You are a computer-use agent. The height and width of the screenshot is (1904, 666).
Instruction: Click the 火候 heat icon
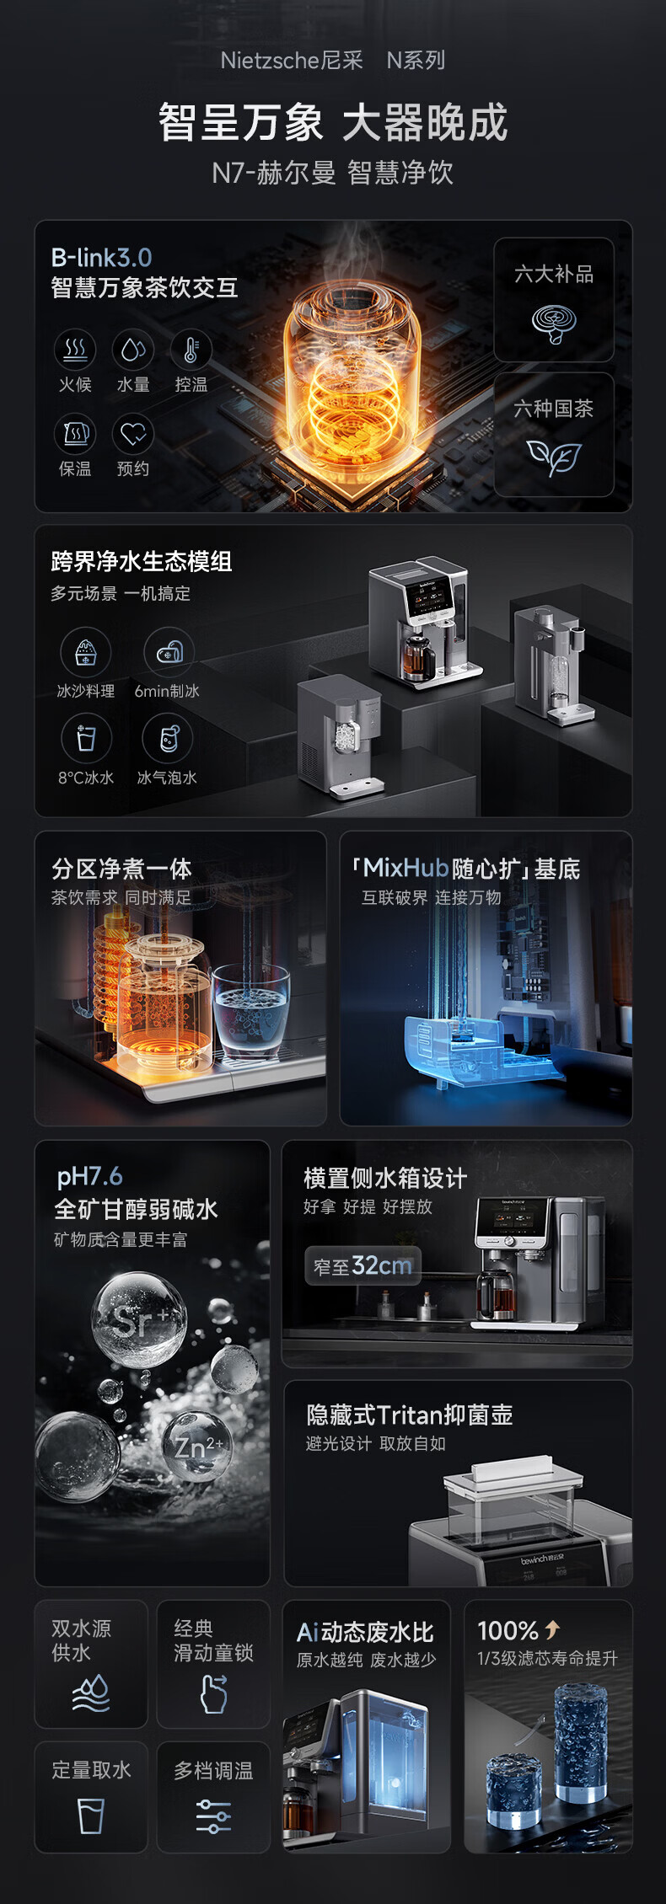75,350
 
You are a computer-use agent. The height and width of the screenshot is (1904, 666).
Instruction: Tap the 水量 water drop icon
133,350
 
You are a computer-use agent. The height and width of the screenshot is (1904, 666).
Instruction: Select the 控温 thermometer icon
191,350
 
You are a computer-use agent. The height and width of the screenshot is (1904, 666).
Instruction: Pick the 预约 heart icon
133,434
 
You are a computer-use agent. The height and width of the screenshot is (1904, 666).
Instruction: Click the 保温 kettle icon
75,434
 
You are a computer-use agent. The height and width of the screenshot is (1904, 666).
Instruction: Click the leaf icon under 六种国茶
554,457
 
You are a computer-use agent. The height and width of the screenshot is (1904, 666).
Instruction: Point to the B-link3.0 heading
101,258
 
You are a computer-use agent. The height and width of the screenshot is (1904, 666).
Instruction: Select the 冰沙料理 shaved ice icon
85,652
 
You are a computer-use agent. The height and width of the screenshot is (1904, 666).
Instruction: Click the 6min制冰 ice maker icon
169,652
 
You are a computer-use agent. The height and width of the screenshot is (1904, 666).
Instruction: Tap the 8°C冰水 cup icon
86,738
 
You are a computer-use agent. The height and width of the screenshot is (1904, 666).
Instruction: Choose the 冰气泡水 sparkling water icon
169,738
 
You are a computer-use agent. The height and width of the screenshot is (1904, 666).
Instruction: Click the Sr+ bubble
139,1318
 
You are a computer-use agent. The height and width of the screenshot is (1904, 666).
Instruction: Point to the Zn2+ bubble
196,1447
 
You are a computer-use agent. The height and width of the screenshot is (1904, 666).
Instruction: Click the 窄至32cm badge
363,1265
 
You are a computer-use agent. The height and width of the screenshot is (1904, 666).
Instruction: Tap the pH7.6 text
89,1177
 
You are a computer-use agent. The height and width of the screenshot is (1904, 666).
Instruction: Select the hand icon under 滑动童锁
214,1693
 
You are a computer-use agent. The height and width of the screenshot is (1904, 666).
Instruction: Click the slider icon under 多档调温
213,1816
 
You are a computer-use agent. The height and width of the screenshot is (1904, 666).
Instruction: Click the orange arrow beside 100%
552,1629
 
